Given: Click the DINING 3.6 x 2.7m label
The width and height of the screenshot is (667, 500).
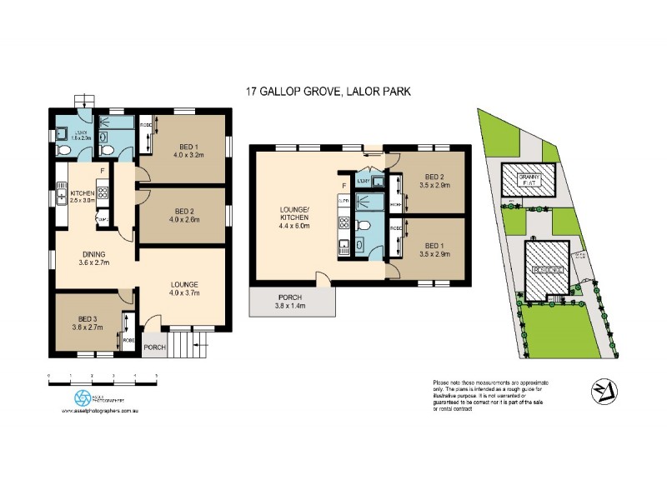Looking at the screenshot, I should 93,259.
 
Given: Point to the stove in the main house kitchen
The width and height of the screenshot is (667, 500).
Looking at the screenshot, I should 103,194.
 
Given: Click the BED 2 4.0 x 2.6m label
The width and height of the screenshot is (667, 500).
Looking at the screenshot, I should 184,216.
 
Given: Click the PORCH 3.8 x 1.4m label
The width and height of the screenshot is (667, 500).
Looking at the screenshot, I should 291,302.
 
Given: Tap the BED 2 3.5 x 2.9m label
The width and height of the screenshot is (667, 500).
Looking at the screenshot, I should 434,181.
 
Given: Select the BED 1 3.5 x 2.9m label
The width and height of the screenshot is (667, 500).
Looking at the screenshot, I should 434,250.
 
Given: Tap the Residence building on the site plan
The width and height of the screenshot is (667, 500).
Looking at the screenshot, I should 549,270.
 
